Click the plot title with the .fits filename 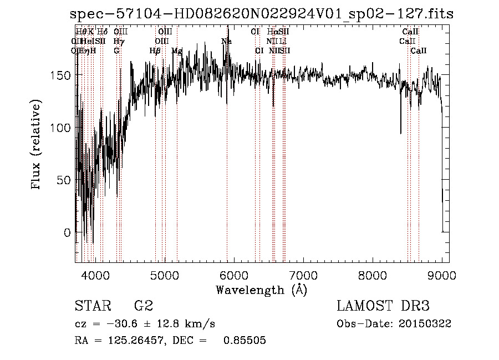coord(262,14)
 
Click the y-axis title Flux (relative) coord(37,146)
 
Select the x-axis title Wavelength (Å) coord(261,290)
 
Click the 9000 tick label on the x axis coord(442,275)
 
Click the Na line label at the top coord(226,41)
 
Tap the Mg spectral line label coord(177,50)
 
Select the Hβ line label coord(155,50)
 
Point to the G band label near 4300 coord(116,50)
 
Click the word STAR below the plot coord(92,306)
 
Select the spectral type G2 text coord(144,306)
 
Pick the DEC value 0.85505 coord(245,341)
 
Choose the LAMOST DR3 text coord(383,306)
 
